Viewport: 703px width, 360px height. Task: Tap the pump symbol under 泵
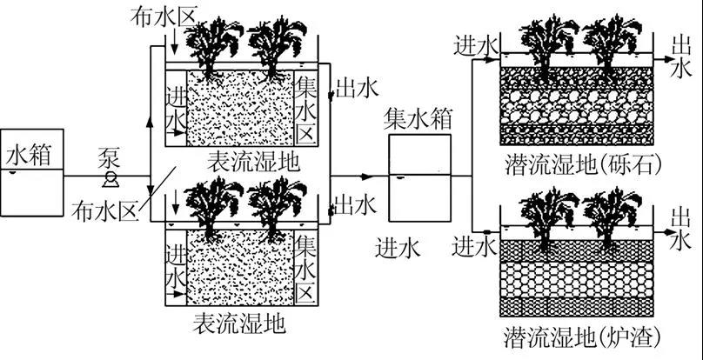point(110,179)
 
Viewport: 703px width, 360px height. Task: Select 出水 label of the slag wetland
point(682,226)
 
